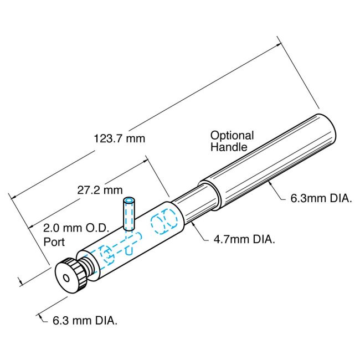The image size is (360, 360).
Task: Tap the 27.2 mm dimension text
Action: click(100, 190)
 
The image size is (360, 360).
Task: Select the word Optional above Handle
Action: click(232, 135)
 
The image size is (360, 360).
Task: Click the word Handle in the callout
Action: click(228, 147)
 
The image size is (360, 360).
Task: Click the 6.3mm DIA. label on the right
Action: click(321, 198)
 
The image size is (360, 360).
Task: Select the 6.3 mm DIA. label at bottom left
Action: click(84, 320)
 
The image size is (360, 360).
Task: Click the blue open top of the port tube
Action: click(129, 200)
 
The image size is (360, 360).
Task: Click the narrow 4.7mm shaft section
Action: click(194, 205)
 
